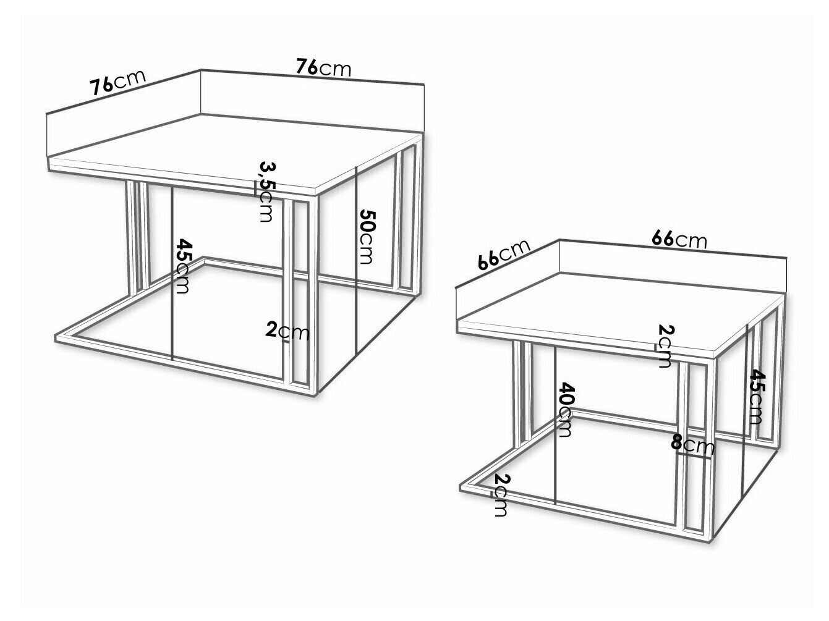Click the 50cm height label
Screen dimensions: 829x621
click(366, 236)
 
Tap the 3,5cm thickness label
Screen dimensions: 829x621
click(266, 192)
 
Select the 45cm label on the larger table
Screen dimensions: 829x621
click(183, 266)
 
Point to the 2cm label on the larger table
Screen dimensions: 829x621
click(287, 331)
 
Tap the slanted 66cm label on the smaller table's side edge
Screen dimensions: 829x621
click(504, 255)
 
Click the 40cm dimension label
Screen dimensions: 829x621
click(564, 410)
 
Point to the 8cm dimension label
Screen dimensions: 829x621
click(692, 446)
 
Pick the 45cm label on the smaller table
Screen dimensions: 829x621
click(755, 396)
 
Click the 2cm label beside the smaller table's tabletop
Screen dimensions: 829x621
click(665, 346)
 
